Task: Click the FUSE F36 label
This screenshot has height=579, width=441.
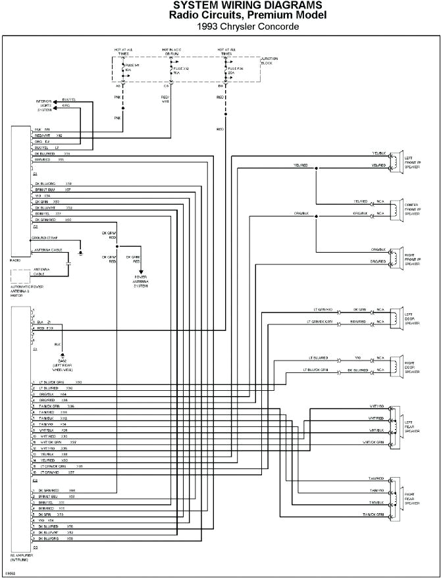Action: click(x=235, y=69)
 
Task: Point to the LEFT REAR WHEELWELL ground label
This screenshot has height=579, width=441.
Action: click(x=63, y=366)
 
